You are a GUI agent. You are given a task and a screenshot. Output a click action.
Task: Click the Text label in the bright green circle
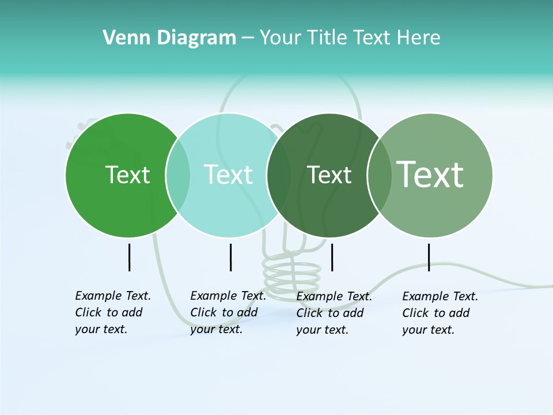[128, 175]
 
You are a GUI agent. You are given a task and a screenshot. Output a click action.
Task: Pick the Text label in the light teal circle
[229, 175]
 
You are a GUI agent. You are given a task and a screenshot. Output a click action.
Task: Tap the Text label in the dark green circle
[329, 175]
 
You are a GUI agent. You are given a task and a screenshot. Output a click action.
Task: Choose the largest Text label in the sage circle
[430, 174]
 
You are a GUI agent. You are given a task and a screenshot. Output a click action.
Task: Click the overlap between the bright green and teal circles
[178, 175]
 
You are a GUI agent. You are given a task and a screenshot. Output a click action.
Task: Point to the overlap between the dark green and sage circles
[380, 175]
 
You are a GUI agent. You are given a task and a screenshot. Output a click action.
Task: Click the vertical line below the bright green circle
[129, 257]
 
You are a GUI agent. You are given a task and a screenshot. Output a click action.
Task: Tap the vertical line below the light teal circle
[230, 257]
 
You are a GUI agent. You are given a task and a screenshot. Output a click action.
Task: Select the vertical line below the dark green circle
[332, 257]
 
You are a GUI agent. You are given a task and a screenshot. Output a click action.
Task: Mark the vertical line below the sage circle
[429, 257]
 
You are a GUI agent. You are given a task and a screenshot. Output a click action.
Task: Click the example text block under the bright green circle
[112, 312]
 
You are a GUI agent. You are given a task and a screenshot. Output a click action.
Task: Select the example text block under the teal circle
[228, 312]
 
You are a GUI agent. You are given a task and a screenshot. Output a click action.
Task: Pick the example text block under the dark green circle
[334, 313]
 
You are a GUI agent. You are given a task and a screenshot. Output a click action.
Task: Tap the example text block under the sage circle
[440, 313]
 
